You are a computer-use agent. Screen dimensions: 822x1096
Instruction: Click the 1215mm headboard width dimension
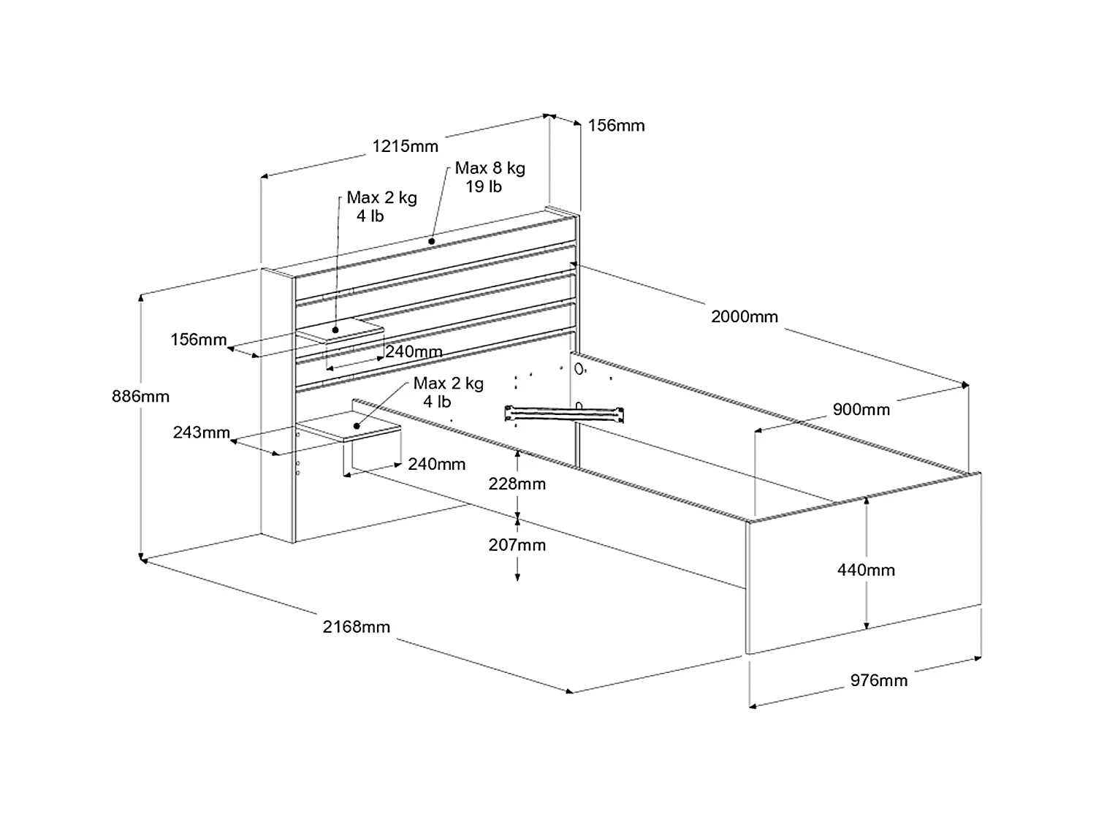coord(406,146)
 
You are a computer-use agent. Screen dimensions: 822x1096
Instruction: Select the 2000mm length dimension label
coord(745,317)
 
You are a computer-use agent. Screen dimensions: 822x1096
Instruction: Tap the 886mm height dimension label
coord(140,397)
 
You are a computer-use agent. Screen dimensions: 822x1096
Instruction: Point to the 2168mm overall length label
coord(357,627)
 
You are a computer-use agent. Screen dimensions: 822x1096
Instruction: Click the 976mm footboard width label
coord(879,681)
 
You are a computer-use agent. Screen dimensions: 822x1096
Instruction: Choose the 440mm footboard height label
coord(866,570)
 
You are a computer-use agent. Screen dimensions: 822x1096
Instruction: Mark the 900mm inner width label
coord(861,410)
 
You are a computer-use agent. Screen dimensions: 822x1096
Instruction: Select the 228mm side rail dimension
coord(517,484)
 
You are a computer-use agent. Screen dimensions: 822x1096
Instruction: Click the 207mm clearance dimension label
coord(517,545)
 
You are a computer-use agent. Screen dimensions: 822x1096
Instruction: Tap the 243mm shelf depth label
coord(202,433)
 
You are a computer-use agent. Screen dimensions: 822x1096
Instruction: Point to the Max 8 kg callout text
coord(490,168)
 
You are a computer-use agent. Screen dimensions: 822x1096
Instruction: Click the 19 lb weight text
coord(484,187)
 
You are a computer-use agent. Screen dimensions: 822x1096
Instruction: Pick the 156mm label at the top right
coord(617,126)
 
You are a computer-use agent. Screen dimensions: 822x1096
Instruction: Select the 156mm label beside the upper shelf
coord(199,340)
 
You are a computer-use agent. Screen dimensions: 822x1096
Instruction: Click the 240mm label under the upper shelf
coord(414,351)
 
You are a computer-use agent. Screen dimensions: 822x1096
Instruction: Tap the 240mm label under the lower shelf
coord(436,464)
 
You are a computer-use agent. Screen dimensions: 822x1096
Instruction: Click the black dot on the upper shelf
coord(335,330)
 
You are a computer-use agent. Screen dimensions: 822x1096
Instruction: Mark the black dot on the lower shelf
coord(357,425)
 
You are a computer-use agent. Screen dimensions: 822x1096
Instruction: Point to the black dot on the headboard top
coord(432,240)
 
